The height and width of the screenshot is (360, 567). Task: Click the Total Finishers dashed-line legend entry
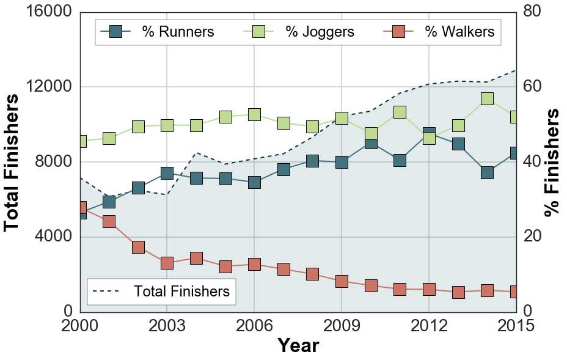coord(161,292)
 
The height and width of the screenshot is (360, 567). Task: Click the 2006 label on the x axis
coord(254,326)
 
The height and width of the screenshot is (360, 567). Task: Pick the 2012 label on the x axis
coord(429,326)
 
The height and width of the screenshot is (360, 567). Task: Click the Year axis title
coord(298,345)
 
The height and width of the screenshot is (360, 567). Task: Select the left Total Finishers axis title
coord(12,162)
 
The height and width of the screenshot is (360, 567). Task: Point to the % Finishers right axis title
coord(552,162)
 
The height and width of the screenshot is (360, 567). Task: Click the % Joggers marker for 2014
coord(487,99)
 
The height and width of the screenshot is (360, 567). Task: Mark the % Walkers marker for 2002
coord(138,247)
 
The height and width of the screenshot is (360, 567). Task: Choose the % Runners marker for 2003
coord(167,174)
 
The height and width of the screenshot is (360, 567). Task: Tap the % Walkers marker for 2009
coord(342,281)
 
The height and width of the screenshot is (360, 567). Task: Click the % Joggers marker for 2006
coord(254,114)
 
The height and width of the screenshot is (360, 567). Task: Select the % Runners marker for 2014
coord(487,172)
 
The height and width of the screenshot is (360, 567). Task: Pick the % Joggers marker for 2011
coord(400,112)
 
